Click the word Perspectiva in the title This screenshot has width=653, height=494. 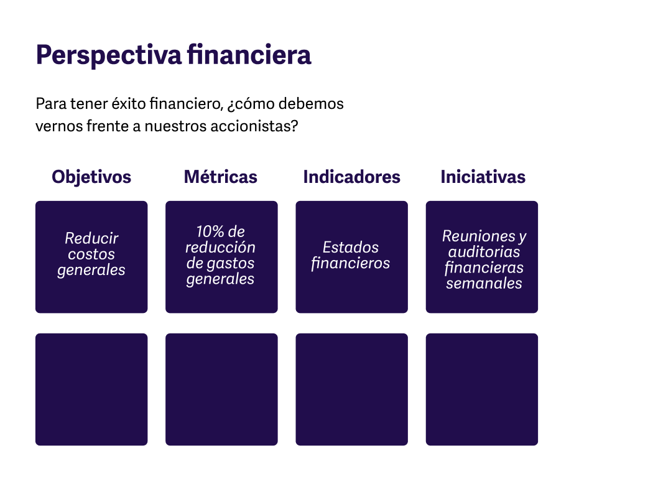[109, 55]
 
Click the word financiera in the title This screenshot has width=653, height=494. [249, 55]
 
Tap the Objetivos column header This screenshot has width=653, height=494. [91, 177]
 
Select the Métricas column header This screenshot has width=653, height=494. [221, 177]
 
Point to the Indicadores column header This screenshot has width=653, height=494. [351, 177]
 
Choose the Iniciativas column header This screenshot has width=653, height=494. [483, 177]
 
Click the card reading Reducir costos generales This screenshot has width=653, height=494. [91, 257]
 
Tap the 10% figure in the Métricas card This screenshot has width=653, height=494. [211, 231]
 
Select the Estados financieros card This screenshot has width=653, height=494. [351, 257]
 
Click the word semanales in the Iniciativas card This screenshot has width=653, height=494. [484, 283]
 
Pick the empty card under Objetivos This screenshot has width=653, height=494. [91, 389]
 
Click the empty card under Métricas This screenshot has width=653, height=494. [221, 389]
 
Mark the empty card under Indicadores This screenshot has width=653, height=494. [351, 389]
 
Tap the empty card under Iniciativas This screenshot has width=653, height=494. [482, 389]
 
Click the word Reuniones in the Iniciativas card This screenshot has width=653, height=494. [479, 236]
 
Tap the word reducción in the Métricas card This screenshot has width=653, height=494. [220, 247]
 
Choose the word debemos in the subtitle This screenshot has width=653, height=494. [311, 103]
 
